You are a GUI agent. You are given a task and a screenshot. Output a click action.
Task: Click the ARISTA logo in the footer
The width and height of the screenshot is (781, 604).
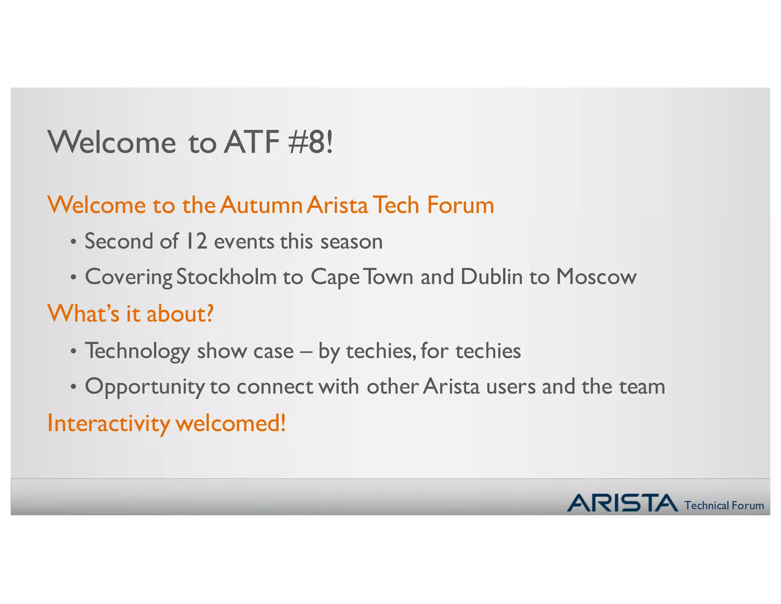coord(622,503)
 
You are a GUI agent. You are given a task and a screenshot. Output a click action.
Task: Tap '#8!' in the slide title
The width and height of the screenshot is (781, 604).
coord(311,142)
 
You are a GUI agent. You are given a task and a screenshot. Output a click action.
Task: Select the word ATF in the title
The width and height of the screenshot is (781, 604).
coord(252,142)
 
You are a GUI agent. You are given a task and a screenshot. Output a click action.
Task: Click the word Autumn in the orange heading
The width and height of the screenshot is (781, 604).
coord(261,205)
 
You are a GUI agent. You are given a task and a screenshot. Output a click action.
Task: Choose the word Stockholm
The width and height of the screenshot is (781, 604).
coord(227,277)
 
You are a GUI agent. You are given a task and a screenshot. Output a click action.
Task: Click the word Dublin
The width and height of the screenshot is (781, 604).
coord(491,277)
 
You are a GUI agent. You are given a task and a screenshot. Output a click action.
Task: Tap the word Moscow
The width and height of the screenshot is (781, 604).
coord(596,277)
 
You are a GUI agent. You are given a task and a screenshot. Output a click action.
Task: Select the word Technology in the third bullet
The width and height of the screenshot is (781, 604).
coord(137,351)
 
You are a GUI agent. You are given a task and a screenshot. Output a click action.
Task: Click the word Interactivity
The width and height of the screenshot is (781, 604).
coord(109,423)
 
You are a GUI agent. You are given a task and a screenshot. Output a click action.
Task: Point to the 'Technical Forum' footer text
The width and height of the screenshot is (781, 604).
coord(724,505)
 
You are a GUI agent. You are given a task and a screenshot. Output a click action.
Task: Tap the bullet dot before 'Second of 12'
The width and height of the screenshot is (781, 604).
coord(74,242)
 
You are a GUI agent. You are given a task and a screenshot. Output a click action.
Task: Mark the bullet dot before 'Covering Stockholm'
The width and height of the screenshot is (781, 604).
coord(74,278)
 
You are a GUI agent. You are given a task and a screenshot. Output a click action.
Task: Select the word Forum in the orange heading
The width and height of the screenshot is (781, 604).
coord(460,205)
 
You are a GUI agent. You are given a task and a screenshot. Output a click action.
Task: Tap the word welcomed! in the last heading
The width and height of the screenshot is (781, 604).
coord(230,423)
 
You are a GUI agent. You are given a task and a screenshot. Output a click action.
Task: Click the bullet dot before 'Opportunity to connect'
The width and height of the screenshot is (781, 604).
coord(74,387)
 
